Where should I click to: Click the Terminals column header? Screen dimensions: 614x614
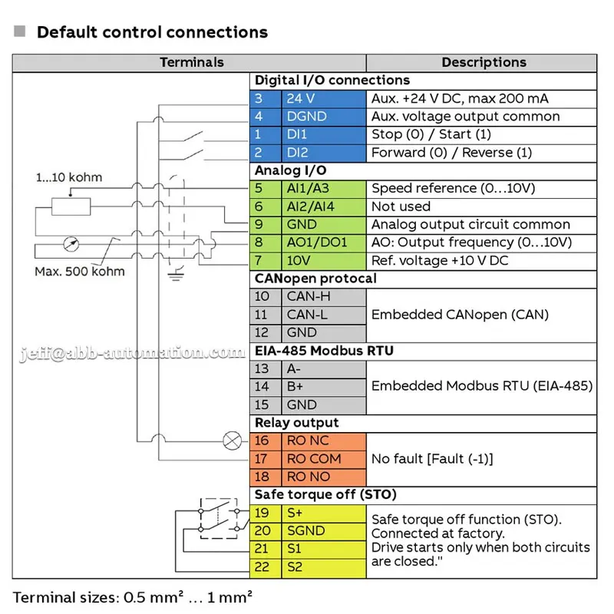pyautogui.click(x=191, y=62)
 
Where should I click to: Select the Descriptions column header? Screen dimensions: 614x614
pyautogui.click(x=484, y=62)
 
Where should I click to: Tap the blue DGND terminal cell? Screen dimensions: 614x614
pyautogui.click(x=324, y=117)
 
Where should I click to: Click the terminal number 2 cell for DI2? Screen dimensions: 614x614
pyautogui.click(x=266, y=153)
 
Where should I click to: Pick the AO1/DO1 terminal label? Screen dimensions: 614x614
pyautogui.click(x=317, y=243)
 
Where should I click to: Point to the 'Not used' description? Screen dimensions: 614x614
pyautogui.click(x=401, y=206)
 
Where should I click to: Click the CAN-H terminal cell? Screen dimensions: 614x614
pyautogui.click(x=324, y=297)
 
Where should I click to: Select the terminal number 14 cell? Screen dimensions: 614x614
pyautogui.click(x=266, y=387)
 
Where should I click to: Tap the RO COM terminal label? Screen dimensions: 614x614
pyautogui.click(x=314, y=458)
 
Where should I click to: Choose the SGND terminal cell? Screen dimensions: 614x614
pyautogui.click(x=324, y=531)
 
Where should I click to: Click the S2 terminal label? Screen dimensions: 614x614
pyautogui.click(x=295, y=566)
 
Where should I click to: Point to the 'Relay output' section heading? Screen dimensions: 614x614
pyautogui.click(x=296, y=423)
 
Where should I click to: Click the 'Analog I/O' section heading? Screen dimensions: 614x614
pyautogui.click(x=290, y=170)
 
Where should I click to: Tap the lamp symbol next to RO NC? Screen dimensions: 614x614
pyautogui.click(x=233, y=441)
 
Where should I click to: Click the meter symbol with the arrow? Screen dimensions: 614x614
pyautogui.click(x=71, y=244)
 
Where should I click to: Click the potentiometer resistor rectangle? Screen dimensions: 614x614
pyautogui.click(x=71, y=206)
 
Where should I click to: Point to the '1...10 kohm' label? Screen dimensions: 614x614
pyautogui.click(x=69, y=177)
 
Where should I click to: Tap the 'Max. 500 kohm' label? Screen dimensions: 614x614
pyautogui.click(x=80, y=272)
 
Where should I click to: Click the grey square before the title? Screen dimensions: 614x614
pyautogui.click(x=20, y=31)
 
